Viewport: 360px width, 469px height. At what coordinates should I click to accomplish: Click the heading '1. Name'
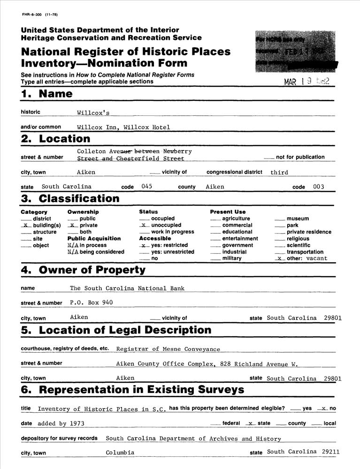(x=46, y=94)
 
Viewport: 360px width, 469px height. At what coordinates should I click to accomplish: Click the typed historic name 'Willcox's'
(x=93, y=113)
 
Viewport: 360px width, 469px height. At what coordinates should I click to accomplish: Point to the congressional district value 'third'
(x=279, y=173)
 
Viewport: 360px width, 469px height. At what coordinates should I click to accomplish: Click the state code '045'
(x=146, y=187)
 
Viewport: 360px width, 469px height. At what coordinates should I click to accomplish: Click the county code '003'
(x=318, y=187)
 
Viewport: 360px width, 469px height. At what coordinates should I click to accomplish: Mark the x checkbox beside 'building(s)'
(x=26, y=225)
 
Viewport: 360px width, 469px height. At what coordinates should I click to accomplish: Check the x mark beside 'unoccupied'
(x=145, y=225)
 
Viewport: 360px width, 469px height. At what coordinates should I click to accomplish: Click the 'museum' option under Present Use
(x=298, y=219)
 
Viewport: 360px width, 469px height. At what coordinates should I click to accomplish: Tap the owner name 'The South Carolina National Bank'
(x=127, y=288)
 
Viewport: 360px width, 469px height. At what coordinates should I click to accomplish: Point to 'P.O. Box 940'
(x=91, y=303)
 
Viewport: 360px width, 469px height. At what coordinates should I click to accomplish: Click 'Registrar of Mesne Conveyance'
(x=168, y=349)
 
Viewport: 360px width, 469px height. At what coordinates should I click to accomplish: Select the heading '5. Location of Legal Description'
(x=116, y=330)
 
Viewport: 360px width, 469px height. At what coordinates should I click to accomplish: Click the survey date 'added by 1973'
(x=61, y=424)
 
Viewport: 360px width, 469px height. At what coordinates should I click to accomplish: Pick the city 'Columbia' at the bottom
(x=120, y=453)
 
